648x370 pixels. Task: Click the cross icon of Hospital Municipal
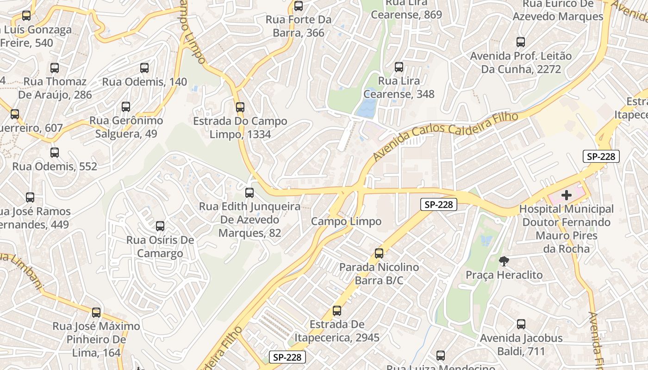tap(566, 195)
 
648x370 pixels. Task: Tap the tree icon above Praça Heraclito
tap(504, 261)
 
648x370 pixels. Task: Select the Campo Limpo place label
tap(346, 222)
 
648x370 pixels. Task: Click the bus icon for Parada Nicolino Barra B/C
tap(379, 253)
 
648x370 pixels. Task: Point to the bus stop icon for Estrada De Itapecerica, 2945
tap(337, 311)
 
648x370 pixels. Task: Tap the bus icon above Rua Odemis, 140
tap(144, 68)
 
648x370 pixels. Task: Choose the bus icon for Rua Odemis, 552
tap(55, 153)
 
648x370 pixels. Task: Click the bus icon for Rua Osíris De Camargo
tap(160, 226)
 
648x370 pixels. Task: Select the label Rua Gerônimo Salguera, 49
tap(126, 127)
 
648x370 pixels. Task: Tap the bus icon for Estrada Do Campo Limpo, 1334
tap(240, 107)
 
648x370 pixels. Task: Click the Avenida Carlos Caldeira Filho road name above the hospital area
tap(445, 135)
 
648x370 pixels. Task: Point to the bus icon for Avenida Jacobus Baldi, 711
tap(521, 324)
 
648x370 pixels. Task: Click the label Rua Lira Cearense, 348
tap(399, 87)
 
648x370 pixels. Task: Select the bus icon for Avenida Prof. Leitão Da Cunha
tap(521, 42)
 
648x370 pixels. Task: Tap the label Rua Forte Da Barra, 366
tap(298, 26)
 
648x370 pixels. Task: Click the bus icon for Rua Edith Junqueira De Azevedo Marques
tap(249, 193)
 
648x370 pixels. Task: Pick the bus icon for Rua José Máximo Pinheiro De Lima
tap(96, 313)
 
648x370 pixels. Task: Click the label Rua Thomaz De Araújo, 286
tap(55, 88)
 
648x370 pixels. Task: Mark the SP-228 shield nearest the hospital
tap(601, 156)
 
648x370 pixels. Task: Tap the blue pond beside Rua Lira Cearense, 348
tap(367, 108)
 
